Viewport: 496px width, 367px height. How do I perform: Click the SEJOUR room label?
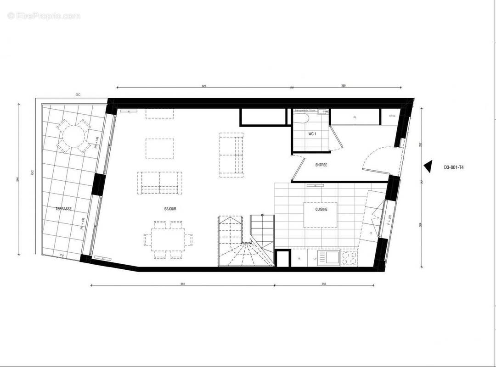point(170,209)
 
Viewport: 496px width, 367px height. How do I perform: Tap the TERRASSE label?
point(63,208)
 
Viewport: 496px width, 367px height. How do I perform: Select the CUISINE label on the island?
point(321,209)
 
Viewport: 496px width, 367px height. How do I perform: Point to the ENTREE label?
point(321,165)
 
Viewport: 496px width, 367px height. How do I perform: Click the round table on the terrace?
point(73,136)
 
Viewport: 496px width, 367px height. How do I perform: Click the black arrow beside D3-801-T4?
point(428,167)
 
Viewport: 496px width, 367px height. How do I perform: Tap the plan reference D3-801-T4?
point(454,167)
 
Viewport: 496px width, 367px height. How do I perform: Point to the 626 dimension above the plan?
point(204,85)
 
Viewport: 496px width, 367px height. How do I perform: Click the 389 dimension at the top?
point(344,85)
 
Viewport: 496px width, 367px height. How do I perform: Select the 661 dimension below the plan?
point(183,284)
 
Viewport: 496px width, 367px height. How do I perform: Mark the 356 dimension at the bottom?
point(324,284)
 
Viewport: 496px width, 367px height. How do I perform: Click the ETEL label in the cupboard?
point(392,116)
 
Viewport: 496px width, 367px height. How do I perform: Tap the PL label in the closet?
point(355,117)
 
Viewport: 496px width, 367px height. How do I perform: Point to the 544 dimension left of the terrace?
point(17,179)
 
